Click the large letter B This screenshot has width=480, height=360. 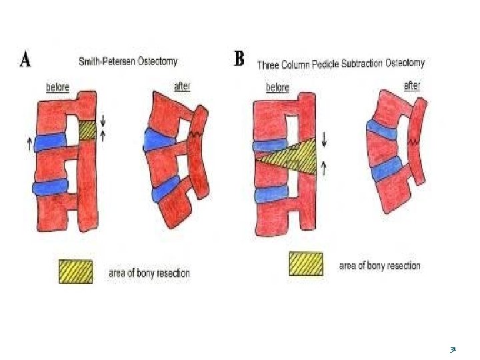[239, 59]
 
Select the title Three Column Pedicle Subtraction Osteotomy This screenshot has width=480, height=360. [341, 64]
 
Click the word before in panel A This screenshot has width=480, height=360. [57, 87]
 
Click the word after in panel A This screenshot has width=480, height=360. [183, 86]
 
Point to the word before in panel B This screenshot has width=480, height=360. [278, 87]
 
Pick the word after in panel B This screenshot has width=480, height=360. [413, 86]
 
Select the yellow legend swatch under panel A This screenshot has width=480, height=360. [75, 271]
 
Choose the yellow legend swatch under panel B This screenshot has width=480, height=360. [306, 263]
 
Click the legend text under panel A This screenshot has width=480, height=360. [149, 273]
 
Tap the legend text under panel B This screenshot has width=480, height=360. [379, 265]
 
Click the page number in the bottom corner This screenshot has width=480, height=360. [453, 349]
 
